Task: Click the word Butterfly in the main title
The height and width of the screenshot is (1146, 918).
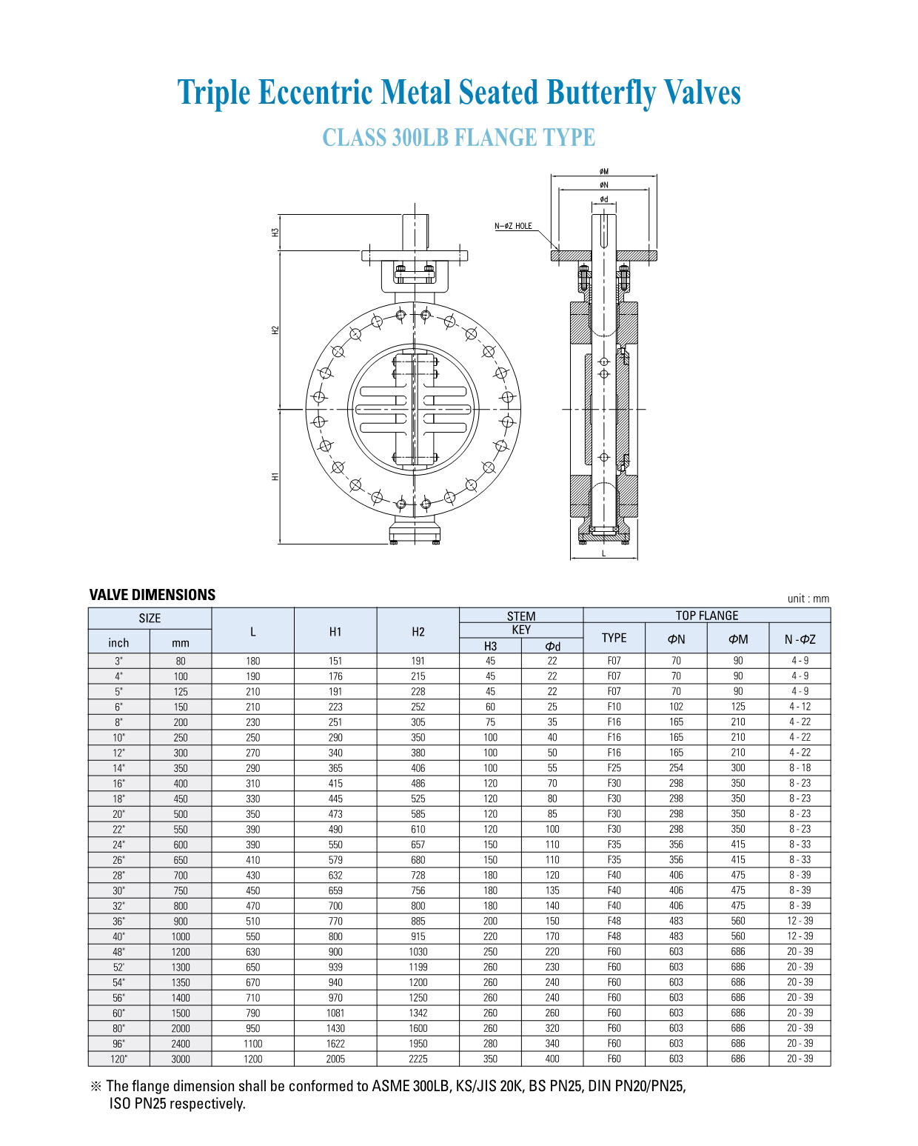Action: tap(600, 93)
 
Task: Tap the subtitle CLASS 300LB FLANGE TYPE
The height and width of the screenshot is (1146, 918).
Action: tap(458, 138)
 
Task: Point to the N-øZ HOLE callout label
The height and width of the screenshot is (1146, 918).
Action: tap(513, 226)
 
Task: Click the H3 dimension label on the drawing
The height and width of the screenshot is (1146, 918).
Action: tap(275, 232)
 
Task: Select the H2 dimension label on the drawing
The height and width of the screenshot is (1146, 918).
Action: tap(275, 330)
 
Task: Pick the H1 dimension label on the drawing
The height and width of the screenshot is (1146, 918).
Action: tap(275, 476)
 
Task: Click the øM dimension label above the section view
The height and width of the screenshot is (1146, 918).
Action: tap(604, 172)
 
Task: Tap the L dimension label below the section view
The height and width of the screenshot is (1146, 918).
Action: tap(604, 553)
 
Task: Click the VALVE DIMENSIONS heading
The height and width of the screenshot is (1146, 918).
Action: tap(152, 595)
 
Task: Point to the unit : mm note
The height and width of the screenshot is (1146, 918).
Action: tap(808, 599)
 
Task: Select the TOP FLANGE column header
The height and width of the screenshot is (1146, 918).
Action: tap(706, 616)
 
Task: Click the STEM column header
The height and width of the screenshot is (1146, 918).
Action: tap(521, 616)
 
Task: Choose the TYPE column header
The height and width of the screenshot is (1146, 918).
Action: tap(614, 638)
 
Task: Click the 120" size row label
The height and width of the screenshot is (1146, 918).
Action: tap(118, 1059)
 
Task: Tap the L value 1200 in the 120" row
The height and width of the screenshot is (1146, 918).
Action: tap(253, 1059)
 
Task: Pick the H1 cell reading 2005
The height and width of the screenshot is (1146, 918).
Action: tap(335, 1059)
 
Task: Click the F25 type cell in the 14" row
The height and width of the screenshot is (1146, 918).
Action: tap(614, 768)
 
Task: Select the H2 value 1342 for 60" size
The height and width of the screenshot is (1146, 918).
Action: tap(418, 1013)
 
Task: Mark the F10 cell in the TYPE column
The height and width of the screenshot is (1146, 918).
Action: tap(614, 707)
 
